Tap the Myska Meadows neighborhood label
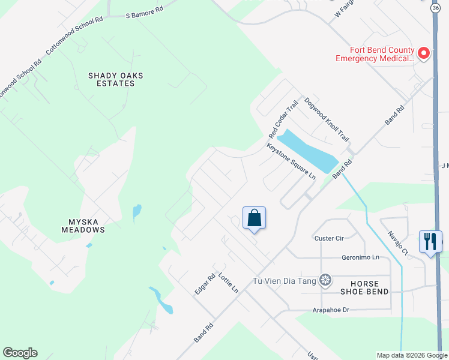pyautogui.click(x=83, y=226)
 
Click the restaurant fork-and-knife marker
pyautogui.click(x=430, y=241)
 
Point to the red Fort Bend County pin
pyautogui.click(x=424, y=54)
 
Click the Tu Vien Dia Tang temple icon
pyautogui.click(x=325, y=280)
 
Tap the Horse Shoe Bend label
pyautogui.click(x=364, y=287)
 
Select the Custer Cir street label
pyautogui.click(x=329, y=238)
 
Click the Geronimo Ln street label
pyautogui.click(x=361, y=257)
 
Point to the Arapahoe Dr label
pyautogui.click(x=331, y=310)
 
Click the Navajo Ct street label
pyautogui.click(x=397, y=243)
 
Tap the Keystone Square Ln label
pyautogui.click(x=291, y=161)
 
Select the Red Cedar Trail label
pyautogui.click(x=283, y=118)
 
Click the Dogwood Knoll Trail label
pyautogui.click(x=327, y=119)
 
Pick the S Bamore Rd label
pyautogui.click(x=144, y=14)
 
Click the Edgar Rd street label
pyautogui.click(x=205, y=284)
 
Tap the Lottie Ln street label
pyautogui.click(x=228, y=283)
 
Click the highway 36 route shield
pyautogui.click(x=435, y=8)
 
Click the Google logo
pyautogui.click(x=20, y=353)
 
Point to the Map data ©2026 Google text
pyautogui.click(x=411, y=355)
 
